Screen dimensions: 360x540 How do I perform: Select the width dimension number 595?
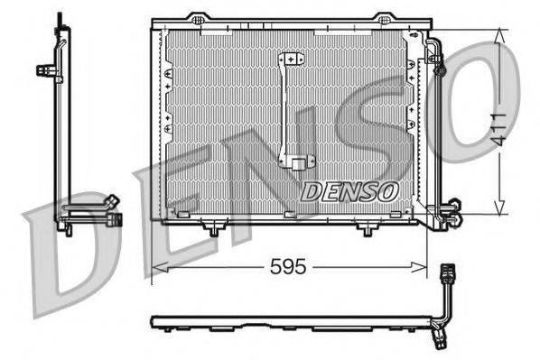tap(288, 267)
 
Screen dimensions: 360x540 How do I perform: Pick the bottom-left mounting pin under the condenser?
tap(212, 231)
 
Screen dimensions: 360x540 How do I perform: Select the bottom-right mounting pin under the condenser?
tap(366, 231)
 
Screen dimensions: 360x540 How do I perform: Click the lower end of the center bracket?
tap(295, 163)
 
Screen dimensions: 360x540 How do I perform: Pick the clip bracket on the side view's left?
tap(44, 69)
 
